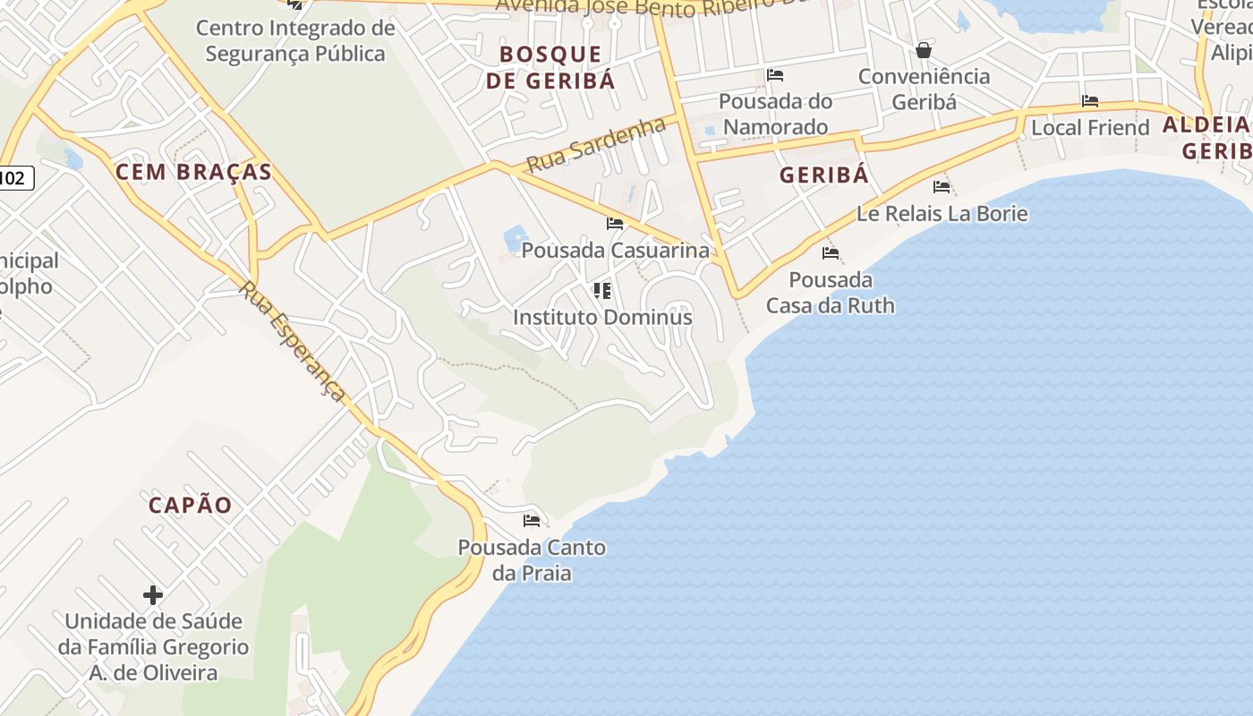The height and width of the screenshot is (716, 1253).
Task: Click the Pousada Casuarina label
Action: tap(615, 251)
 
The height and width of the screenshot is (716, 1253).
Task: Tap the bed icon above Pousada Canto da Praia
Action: tap(532, 520)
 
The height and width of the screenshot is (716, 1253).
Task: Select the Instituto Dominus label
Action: tap(602, 317)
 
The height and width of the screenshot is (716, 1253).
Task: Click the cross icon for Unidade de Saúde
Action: tap(153, 594)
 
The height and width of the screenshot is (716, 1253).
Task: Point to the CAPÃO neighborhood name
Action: tap(190, 505)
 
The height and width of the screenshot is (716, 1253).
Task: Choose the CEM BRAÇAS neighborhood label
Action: tap(193, 172)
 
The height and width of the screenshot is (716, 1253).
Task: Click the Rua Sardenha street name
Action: tap(596, 146)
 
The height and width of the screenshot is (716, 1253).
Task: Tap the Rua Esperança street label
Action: tap(293, 341)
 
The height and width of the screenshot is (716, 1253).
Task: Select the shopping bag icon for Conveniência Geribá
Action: tap(924, 50)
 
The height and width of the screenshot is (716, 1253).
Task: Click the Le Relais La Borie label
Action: tap(942, 214)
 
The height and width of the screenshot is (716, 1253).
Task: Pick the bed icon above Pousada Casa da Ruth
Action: tap(831, 253)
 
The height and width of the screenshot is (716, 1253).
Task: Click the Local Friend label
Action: tap(1090, 128)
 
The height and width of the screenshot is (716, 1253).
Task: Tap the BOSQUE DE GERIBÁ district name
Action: tap(550, 67)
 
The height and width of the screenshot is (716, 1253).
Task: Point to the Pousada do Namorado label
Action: tap(775, 114)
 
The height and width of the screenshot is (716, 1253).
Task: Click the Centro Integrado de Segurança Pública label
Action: tap(295, 40)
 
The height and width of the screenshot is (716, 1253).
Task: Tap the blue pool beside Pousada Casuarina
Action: tap(516, 238)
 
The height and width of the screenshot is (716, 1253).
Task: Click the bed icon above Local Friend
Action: tap(1089, 101)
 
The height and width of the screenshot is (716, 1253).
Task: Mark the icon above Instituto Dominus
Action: tap(602, 290)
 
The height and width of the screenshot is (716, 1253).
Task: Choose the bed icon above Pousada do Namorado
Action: tap(775, 75)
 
